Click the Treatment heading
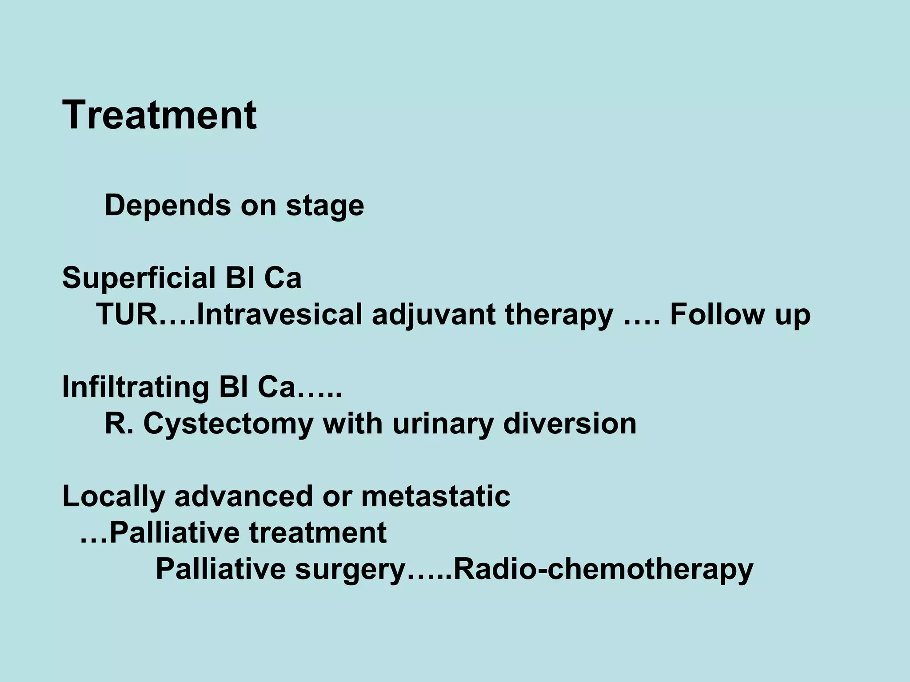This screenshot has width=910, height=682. pyautogui.click(x=160, y=115)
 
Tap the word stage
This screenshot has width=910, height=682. pyautogui.click(x=325, y=206)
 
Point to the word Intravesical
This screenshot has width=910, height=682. pyautogui.click(x=279, y=315)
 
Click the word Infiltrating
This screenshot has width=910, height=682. pyautogui.click(x=136, y=388)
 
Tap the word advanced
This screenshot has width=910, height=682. pyautogui.click(x=243, y=496)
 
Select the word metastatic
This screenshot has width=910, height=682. pyautogui.click(x=435, y=496)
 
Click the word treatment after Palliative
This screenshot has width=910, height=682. pyautogui.click(x=317, y=533)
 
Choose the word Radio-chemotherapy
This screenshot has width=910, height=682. pyautogui.click(x=603, y=570)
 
